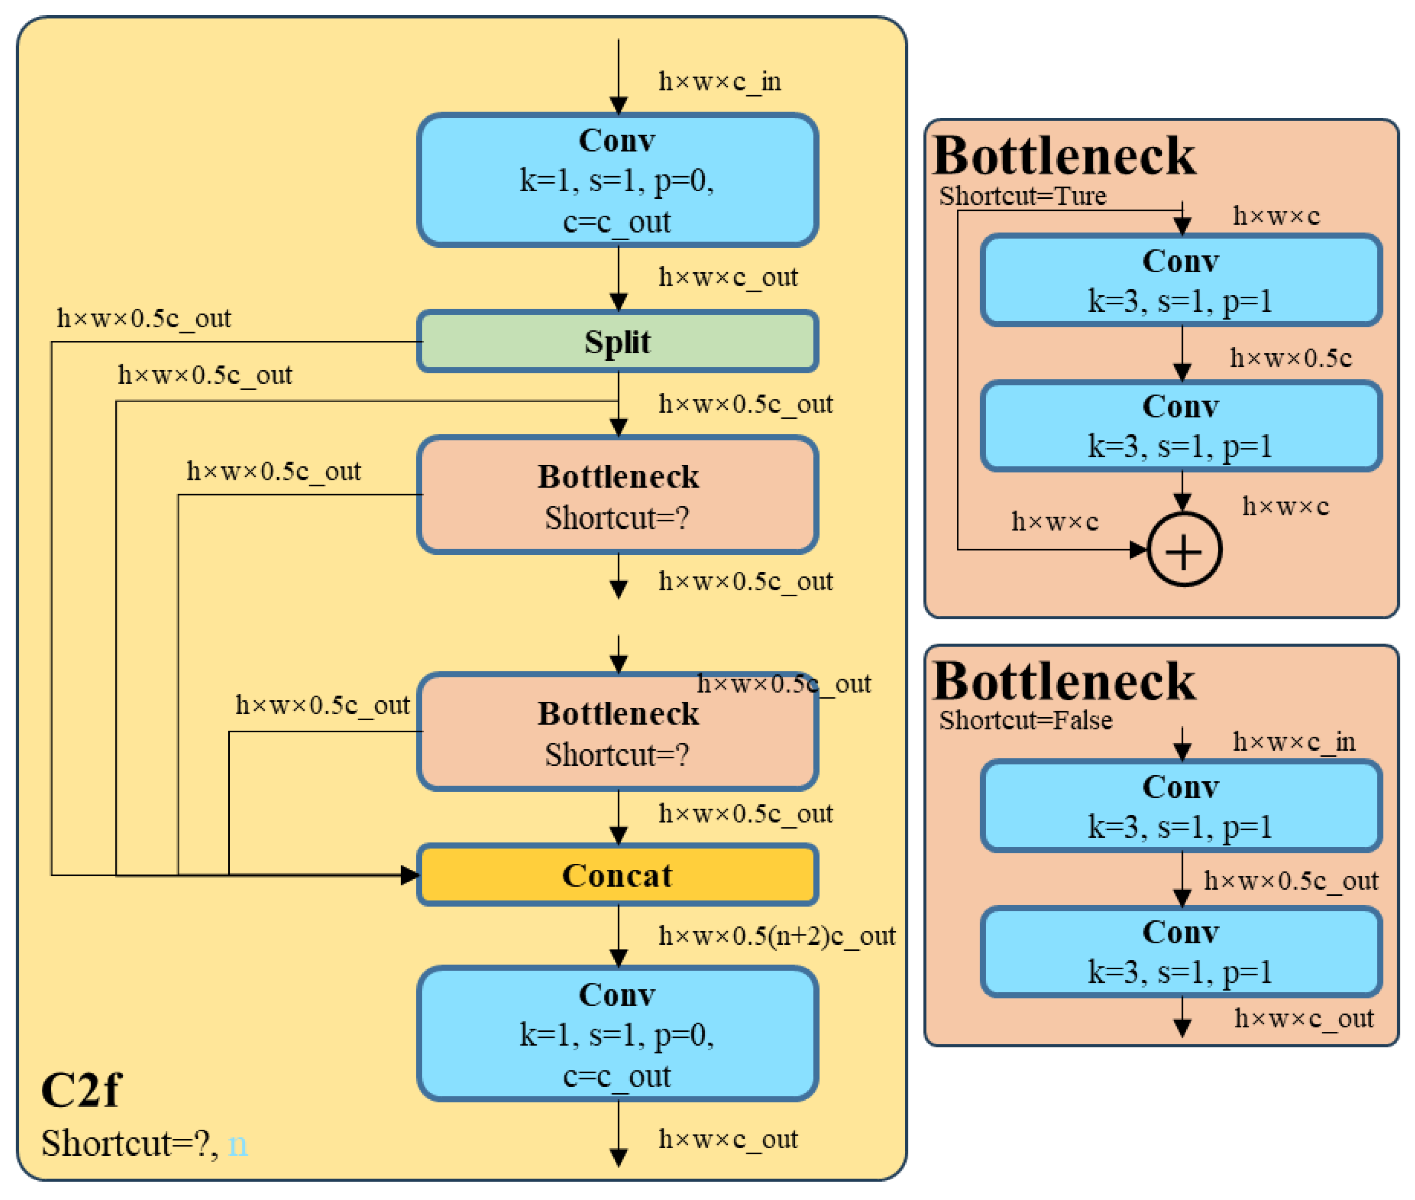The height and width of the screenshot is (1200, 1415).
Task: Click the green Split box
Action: click(x=618, y=341)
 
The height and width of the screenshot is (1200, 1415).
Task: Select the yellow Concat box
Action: click(x=618, y=875)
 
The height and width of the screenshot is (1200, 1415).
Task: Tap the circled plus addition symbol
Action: click(x=1184, y=550)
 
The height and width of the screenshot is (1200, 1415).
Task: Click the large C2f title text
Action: click(x=80, y=1090)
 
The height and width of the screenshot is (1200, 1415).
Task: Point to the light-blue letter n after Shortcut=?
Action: click(x=237, y=1143)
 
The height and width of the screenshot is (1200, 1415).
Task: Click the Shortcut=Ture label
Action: click(x=1022, y=196)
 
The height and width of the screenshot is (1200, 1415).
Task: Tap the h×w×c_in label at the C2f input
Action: click(x=719, y=81)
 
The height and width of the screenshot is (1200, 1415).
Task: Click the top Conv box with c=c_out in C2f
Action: click(x=618, y=180)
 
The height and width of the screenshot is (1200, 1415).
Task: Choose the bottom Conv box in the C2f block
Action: click(x=618, y=1034)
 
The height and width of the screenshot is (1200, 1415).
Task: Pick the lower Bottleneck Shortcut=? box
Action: click(x=618, y=732)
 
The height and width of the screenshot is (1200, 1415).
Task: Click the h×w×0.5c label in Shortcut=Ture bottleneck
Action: click(x=1290, y=358)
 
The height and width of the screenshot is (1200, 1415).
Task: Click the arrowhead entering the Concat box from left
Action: click(x=410, y=875)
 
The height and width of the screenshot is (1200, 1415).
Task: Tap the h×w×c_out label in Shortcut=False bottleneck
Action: click(x=1303, y=1018)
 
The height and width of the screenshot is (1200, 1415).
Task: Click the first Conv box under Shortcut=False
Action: click(x=1181, y=806)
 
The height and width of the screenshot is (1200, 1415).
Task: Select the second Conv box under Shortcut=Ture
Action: click(x=1181, y=426)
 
